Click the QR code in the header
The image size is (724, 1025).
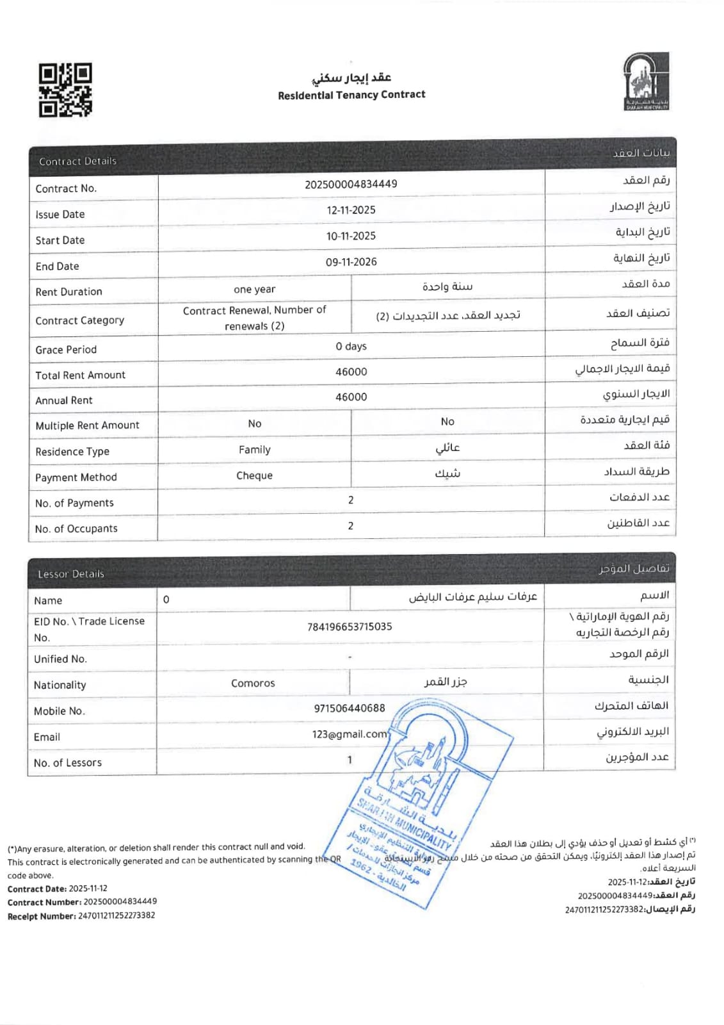coord(65,90)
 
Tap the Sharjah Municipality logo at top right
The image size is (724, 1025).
coord(646,82)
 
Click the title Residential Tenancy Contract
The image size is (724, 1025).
coord(351,95)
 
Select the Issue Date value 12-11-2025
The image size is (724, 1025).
coord(351,210)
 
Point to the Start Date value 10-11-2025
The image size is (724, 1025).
coord(351,236)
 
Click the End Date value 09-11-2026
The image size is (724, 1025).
coord(351,262)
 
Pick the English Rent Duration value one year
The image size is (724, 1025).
coord(254,290)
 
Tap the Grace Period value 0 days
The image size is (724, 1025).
coord(351,347)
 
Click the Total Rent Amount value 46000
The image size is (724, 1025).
coord(351,372)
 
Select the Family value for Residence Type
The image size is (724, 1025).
coord(254,450)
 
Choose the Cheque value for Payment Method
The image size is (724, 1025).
coord(254,475)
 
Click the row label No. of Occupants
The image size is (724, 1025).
coord(76,529)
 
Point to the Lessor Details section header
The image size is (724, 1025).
coord(70,574)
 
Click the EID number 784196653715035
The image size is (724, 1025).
coord(350,627)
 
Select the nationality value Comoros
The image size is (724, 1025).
coord(253,684)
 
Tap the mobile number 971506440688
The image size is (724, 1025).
coord(350,708)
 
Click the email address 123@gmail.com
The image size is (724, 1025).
coord(350,734)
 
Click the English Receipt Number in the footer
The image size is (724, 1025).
coord(81,916)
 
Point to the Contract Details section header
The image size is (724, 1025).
coord(77,161)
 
